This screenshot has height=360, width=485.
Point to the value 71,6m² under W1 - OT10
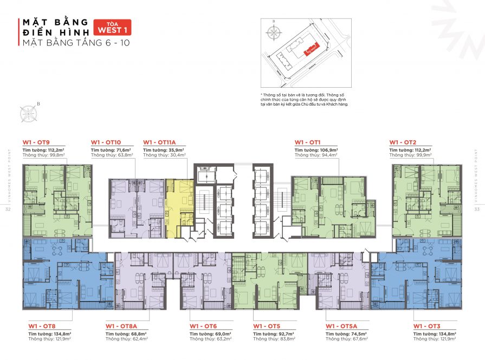tap(122, 149)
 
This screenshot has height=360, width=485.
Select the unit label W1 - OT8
tap(42, 326)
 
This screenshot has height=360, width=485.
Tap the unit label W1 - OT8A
tap(122, 326)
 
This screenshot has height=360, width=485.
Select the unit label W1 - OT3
tap(426, 326)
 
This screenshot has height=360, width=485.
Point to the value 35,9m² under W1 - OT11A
tap(174, 149)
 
